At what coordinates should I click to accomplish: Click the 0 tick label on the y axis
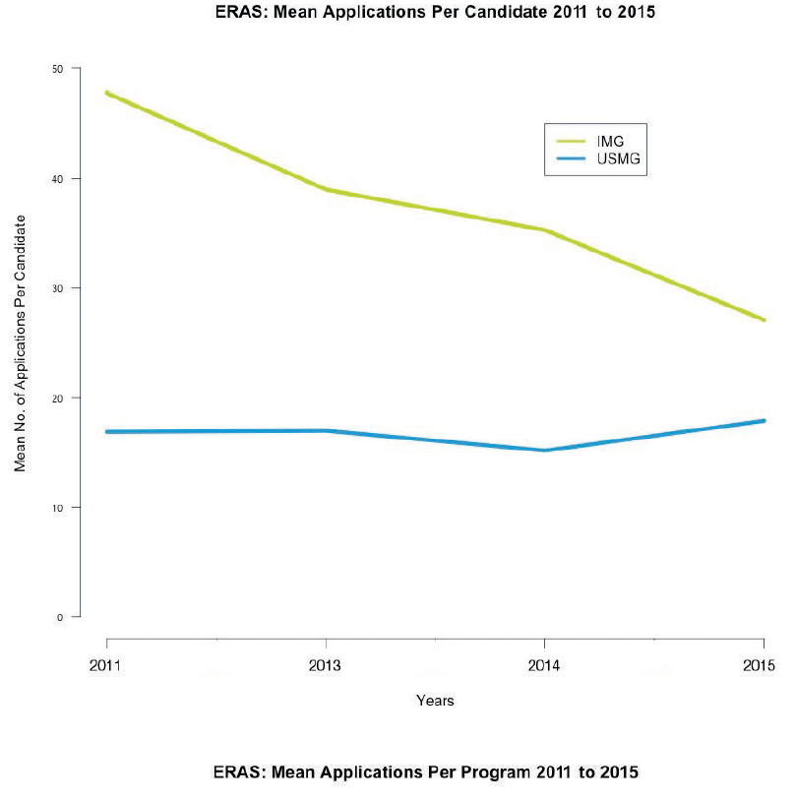[x=61, y=617]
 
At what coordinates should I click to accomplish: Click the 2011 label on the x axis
[x=105, y=665]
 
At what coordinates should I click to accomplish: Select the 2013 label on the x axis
[x=325, y=665]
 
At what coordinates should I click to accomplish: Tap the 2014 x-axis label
[x=544, y=665]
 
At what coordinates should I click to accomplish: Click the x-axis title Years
[x=434, y=701]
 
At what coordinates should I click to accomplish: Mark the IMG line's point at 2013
[x=325, y=189]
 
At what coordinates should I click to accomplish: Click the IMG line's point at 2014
[x=544, y=230]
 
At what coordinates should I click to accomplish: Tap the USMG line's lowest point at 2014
[x=544, y=450]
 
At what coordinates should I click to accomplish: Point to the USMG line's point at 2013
[x=325, y=430]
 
